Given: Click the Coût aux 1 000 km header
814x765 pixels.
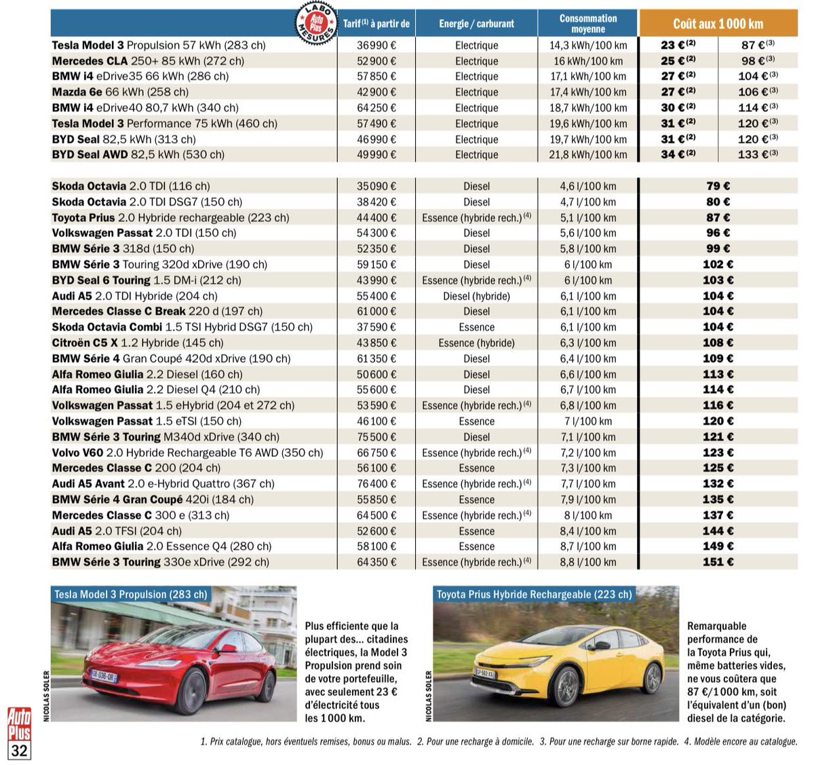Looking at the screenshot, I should tap(718, 24).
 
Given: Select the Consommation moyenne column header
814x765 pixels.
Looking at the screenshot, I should tap(587, 24).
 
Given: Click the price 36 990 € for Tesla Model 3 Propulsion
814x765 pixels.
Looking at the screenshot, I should tap(376, 45).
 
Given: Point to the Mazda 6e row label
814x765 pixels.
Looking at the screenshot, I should tap(120, 92).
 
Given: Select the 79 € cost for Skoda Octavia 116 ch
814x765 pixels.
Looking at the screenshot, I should tap(718, 186).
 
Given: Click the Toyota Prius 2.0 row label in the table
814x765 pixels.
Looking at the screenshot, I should tap(170, 218).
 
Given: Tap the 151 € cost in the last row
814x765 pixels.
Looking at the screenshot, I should tap(718, 562).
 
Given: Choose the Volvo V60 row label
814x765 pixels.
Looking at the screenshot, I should tap(187, 453).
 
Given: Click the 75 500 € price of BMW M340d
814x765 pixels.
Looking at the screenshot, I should tap(376, 437).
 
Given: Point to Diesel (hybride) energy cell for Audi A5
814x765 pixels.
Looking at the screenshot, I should tap(476, 296).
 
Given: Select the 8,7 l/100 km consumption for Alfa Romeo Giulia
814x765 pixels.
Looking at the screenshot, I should tap(587, 546).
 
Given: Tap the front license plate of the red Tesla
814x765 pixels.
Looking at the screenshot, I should tap(104, 676).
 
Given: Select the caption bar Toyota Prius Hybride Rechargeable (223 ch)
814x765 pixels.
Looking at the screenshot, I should tap(534, 595).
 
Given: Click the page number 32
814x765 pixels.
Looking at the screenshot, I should tap(19, 750).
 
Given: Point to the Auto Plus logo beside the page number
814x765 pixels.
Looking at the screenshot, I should tap(19, 724).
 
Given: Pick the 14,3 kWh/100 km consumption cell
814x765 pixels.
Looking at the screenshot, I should tap(587, 45).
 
